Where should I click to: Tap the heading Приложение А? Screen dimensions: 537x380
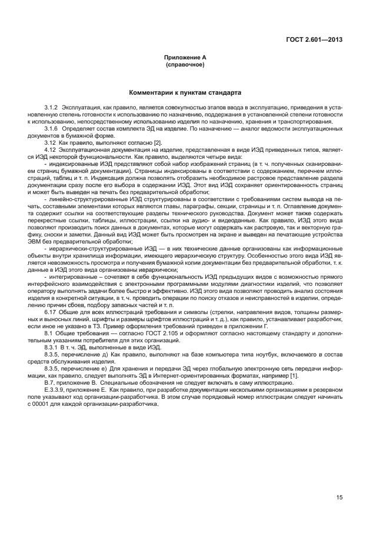tap(185, 58)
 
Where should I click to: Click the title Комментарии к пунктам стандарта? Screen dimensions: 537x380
tap(185, 93)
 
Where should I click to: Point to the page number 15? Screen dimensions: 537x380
tap(339, 498)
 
